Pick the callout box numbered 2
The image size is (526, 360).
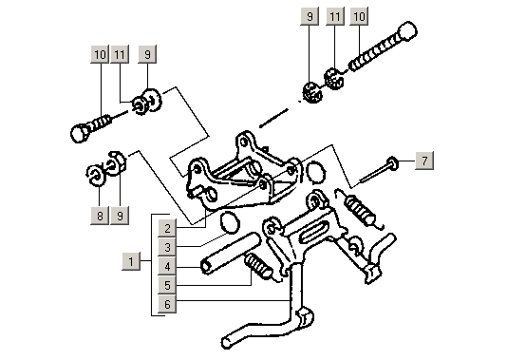click(166, 228)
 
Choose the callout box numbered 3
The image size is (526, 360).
click(166, 247)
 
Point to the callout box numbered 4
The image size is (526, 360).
click(166, 266)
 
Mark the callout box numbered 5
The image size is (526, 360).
click(166, 285)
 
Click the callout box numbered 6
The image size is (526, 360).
click(166, 304)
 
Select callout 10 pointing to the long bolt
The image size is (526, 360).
click(358, 17)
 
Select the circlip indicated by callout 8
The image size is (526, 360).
click(95, 174)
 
